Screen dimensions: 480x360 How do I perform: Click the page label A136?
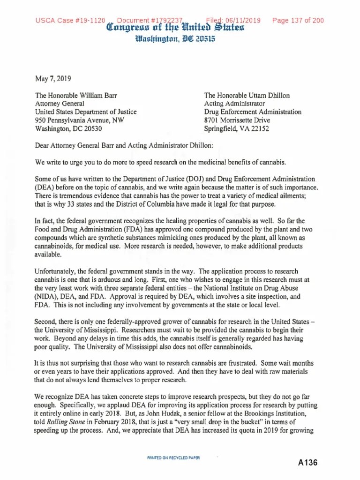coord(308,463)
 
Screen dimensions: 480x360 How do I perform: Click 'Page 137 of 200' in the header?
coord(298,21)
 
